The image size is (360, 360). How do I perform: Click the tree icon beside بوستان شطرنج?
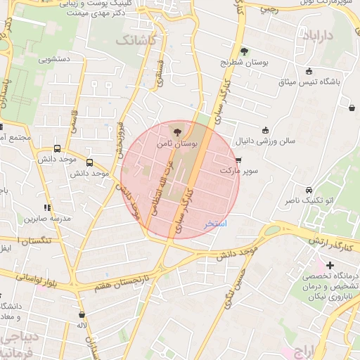[244, 51]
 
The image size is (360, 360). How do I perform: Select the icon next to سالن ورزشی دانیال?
[265, 129]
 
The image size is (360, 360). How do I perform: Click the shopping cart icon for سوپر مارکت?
[247, 160]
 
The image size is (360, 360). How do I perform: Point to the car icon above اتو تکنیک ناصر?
[309, 191]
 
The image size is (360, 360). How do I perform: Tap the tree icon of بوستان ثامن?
[176, 131]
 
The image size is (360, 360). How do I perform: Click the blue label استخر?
[214, 224]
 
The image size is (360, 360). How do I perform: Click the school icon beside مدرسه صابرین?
[47, 207]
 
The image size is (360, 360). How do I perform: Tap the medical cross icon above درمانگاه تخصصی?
[330, 265]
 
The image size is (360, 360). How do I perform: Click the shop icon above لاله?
[82, 315]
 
